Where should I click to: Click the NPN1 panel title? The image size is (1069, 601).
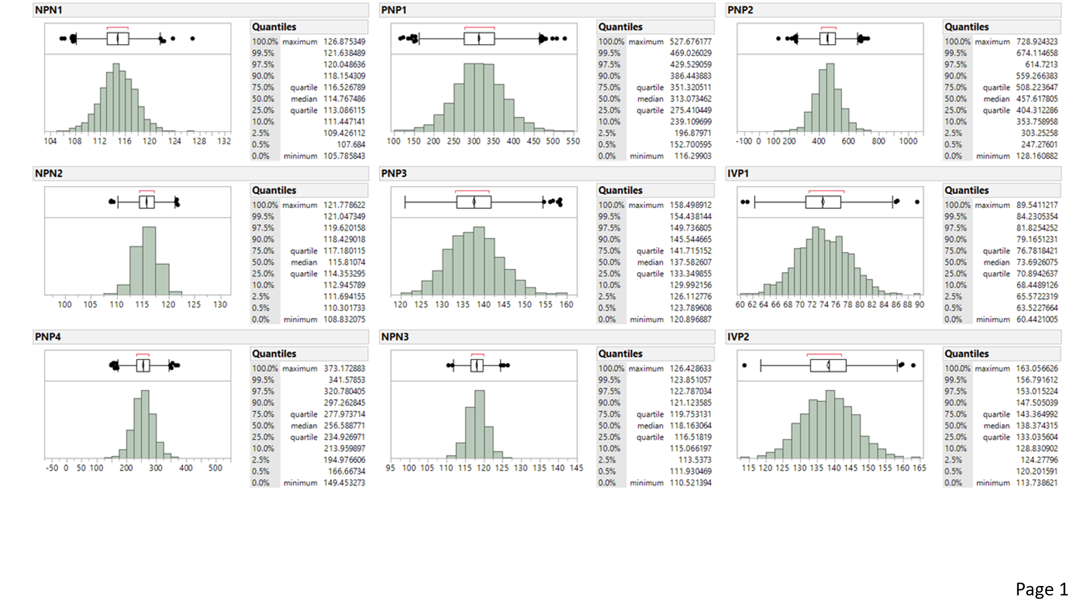coord(48,10)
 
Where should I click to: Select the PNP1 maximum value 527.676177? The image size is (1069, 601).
coord(690,42)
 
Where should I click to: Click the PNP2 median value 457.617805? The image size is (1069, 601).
coord(1037,98)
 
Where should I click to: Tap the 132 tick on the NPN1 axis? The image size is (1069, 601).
coord(224,141)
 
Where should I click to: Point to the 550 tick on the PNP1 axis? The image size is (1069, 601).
coord(573,141)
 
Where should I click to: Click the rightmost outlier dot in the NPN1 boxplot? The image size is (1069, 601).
coord(193,38)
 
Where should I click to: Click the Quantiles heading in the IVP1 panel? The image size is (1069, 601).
coord(967,190)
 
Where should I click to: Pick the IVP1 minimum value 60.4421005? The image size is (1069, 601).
coord(1037,319)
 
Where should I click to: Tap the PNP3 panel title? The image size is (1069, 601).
coord(394,174)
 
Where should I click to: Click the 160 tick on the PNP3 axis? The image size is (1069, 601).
coord(566,305)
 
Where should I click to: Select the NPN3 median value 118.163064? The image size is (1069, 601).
coord(690,426)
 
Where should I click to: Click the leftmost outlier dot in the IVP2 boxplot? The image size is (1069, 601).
coord(744,366)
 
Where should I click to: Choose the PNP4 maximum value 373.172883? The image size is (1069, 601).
coord(344,368)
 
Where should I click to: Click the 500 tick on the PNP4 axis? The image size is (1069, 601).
coord(215,468)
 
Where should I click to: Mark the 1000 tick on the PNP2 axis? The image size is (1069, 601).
coord(908,141)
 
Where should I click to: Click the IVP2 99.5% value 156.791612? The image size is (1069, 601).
coord(1037,380)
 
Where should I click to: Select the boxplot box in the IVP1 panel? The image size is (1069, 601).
coord(823,202)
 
